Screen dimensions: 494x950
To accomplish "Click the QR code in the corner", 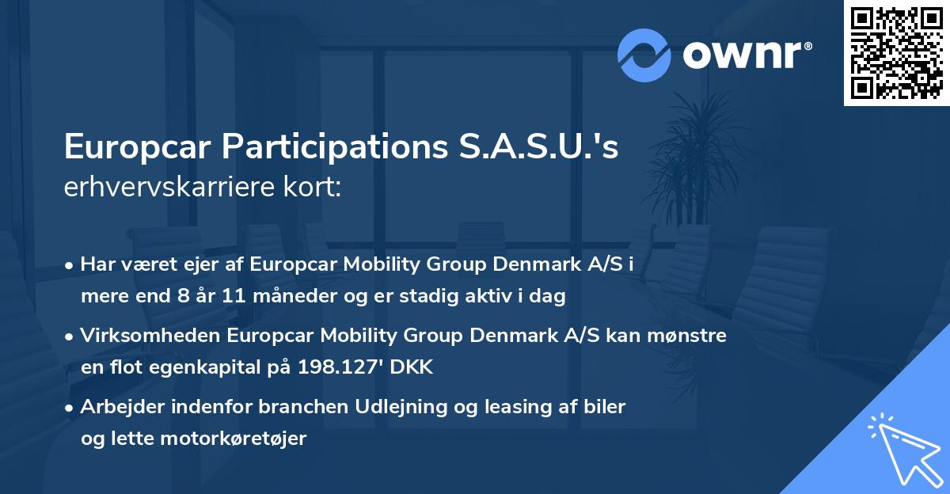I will [896, 53].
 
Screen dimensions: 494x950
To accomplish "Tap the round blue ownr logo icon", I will [644, 55].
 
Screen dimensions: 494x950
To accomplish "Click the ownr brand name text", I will [746, 55].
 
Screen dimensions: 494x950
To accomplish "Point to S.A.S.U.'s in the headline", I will [542, 147].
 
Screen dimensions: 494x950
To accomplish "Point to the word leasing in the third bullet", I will [491, 407].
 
